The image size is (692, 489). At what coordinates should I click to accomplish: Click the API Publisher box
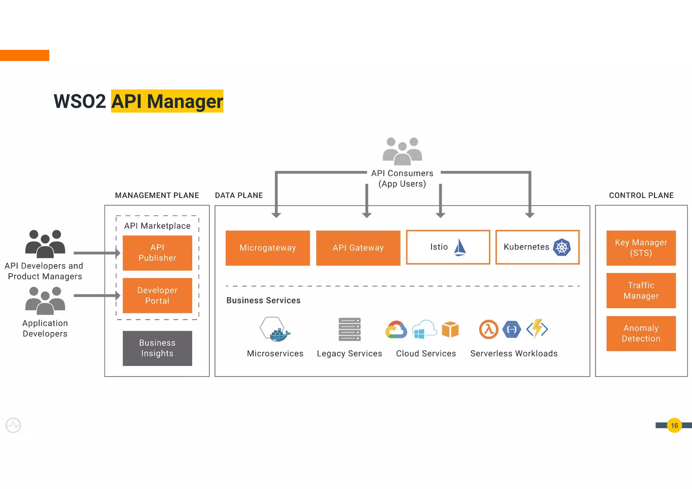tap(157, 253)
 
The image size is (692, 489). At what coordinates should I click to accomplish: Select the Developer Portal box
tap(157, 295)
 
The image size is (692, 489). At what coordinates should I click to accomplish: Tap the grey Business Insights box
tap(157, 348)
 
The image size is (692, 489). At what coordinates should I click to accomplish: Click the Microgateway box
tap(268, 248)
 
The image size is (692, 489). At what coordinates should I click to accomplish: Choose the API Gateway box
tap(358, 248)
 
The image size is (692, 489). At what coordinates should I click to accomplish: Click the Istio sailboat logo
tap(460, 247)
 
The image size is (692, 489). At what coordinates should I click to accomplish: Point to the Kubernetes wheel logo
tap(562, 247)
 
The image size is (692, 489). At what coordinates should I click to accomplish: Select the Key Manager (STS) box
tap(641, 248)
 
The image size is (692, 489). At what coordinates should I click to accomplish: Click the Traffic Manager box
tap(641, 290)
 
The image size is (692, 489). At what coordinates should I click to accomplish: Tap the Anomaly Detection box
tap(641, 333)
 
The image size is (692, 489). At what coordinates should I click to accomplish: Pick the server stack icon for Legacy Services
tap(349, 329)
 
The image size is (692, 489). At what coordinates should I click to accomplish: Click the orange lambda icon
tap(489, 329)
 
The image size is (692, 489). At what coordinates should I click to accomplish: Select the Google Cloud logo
tap(396, 330)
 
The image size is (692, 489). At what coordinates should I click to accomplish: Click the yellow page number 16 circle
tap(674, 426)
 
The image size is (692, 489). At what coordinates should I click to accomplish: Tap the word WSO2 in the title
tap(80, 101)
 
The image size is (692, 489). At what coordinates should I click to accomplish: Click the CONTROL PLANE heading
tap(641, 195)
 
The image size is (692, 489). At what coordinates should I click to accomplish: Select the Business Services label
tap(263, 300)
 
